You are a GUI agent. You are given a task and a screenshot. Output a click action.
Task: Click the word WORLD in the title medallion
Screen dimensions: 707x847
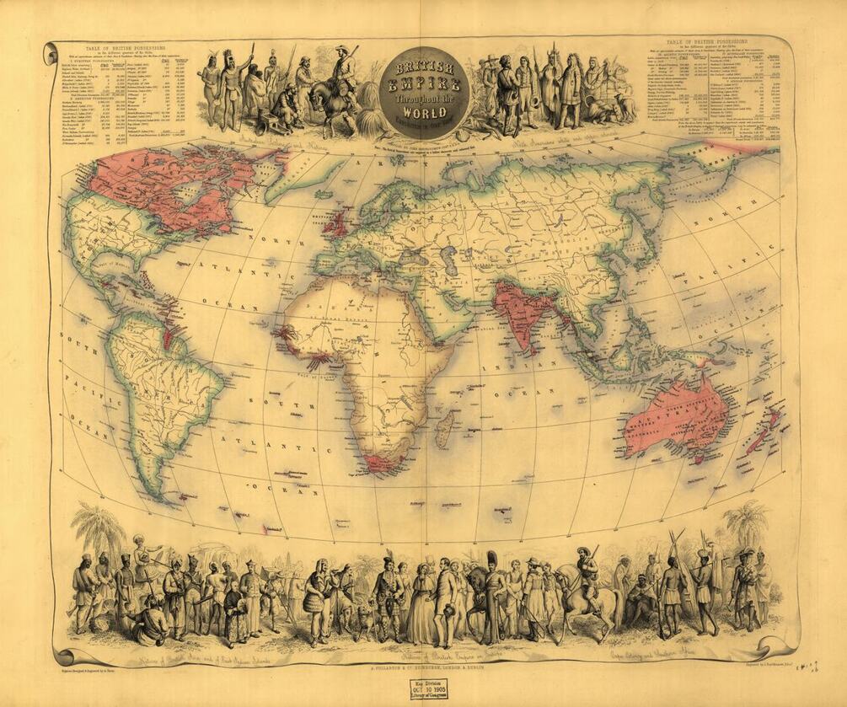click(x=423, y=111)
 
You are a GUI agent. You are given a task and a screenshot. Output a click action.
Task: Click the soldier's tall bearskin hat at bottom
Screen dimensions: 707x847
click(x=492, y=560)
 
